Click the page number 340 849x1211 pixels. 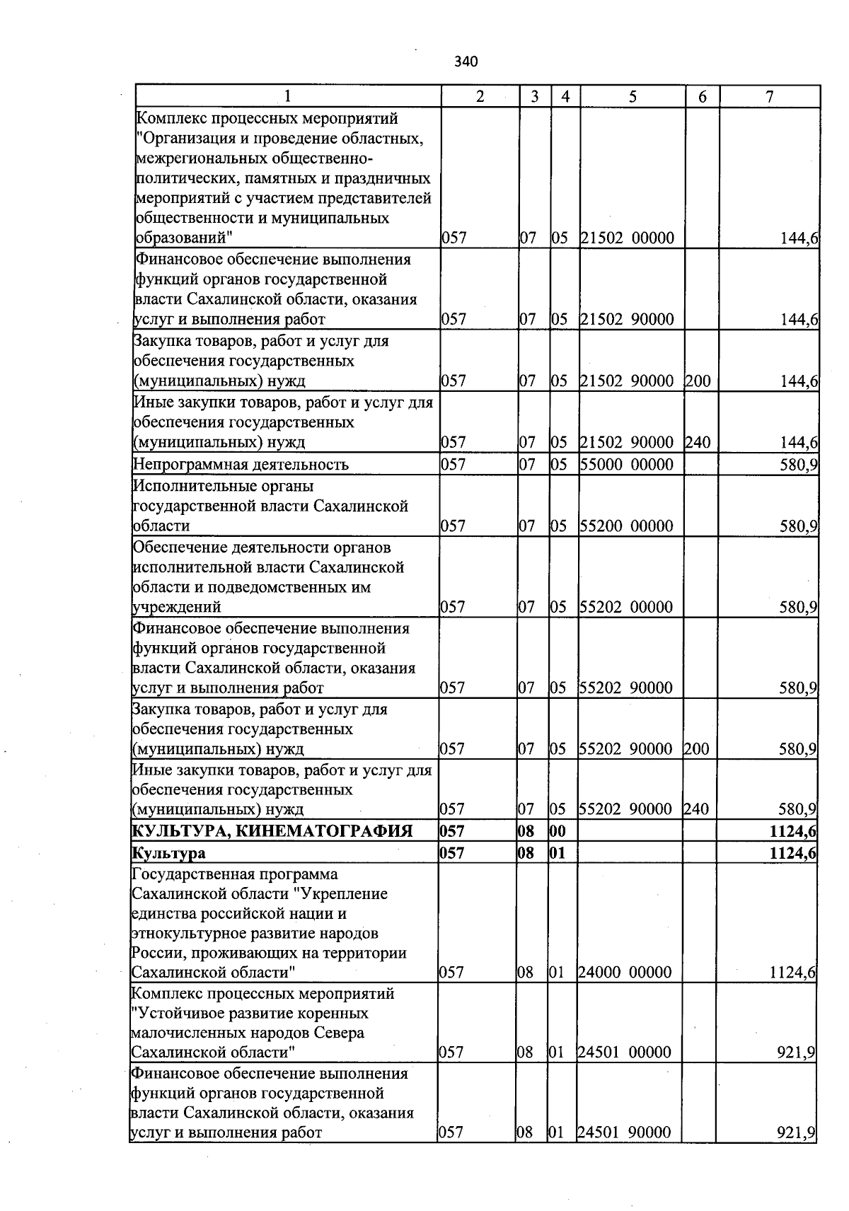tap(466, 62)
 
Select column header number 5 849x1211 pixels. tap(633, 97)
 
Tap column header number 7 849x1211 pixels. tap(769, 97)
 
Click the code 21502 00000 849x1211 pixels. tap(627, 238)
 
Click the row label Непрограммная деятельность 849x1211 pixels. tap(241, 465)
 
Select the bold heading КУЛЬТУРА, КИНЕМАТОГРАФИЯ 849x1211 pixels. tap(272, 830)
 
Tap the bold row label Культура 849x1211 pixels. tap(168, 853)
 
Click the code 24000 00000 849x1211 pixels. tap(625, 973)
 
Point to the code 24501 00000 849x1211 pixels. tap(625, 1053)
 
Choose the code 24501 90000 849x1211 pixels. tap(625, 1132)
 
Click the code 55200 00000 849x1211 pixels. tap(626, 526)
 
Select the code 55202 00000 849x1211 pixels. tap(626, 607)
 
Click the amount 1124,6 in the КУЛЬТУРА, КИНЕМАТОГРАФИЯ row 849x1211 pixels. tap(792, 831)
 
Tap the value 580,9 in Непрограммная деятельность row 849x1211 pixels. tap(799, 465)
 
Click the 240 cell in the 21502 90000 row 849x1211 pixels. tap(698, 443)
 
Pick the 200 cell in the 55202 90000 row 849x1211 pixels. tap(696, 749)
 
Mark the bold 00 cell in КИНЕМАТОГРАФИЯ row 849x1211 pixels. tap(558, 831)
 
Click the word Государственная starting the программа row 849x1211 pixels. tap(190, 874)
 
